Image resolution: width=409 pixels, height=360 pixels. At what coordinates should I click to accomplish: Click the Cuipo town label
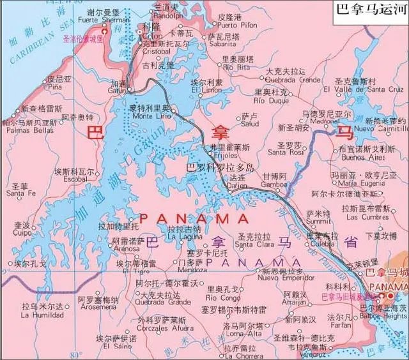pyautogui.click(x=22, y=233)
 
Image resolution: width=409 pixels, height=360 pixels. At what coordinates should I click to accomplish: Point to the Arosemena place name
pyautogui.click(x=98, y=307)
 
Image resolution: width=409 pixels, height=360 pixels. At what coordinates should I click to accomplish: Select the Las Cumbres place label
pyautogui.click(x=367, y=217)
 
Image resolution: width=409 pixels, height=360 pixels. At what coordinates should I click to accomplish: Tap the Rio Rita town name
pyautogui.click(x=235, y=67)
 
